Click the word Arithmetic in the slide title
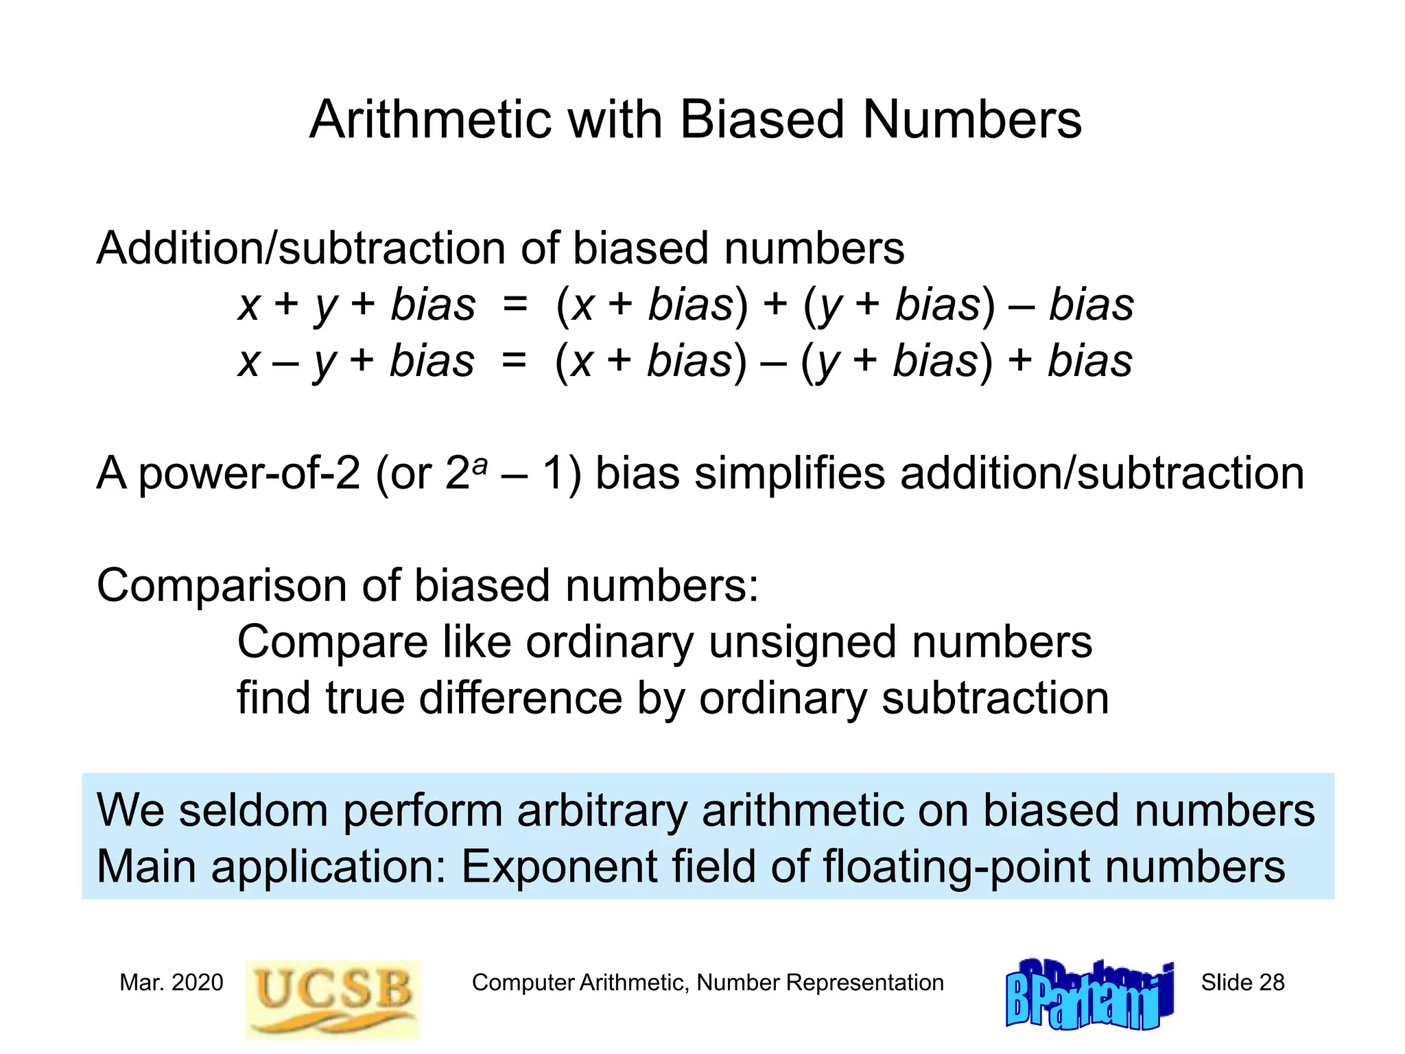pyautogui.click(x=430, y=119)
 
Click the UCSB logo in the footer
pyautogui.click(x=333, y=998)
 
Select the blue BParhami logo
pyautogui.click(x=1089, y=994)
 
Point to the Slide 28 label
pyautogui.click(x=1242, y=983)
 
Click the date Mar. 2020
pyautogui.click(x=171, y=983)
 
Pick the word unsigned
pyautogui.click(x=803, y=642)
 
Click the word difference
pyautogui.click(x=520, y=699)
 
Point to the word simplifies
pyautogui.click(x=790, y=473)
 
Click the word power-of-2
pyautogui.click(x=249, y=475)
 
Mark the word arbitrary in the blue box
pyautogui.click(x=602, y=812)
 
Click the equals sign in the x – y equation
pyautogui.click(x=514, y=361)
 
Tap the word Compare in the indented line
pyautogui.click(x=333, y=642)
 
